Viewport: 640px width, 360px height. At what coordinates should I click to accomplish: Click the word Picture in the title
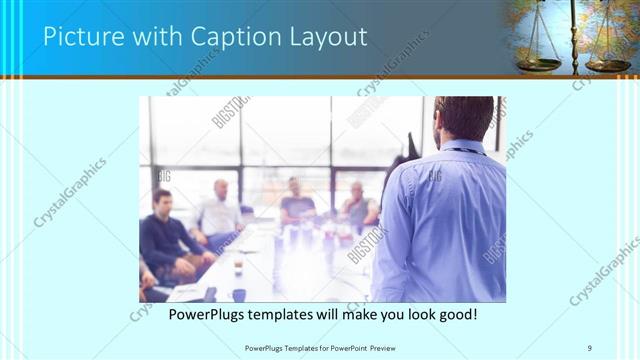click(81, 38)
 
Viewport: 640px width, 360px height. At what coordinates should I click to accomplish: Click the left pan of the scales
click(540, 63)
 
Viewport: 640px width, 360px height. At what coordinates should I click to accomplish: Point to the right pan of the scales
click(607, 64)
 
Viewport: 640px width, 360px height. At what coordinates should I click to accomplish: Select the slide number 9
click(589, 347)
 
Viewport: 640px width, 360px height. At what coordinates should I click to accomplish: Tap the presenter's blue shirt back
click(445, 220)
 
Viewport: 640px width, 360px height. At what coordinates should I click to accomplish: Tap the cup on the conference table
click(238, 268)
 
